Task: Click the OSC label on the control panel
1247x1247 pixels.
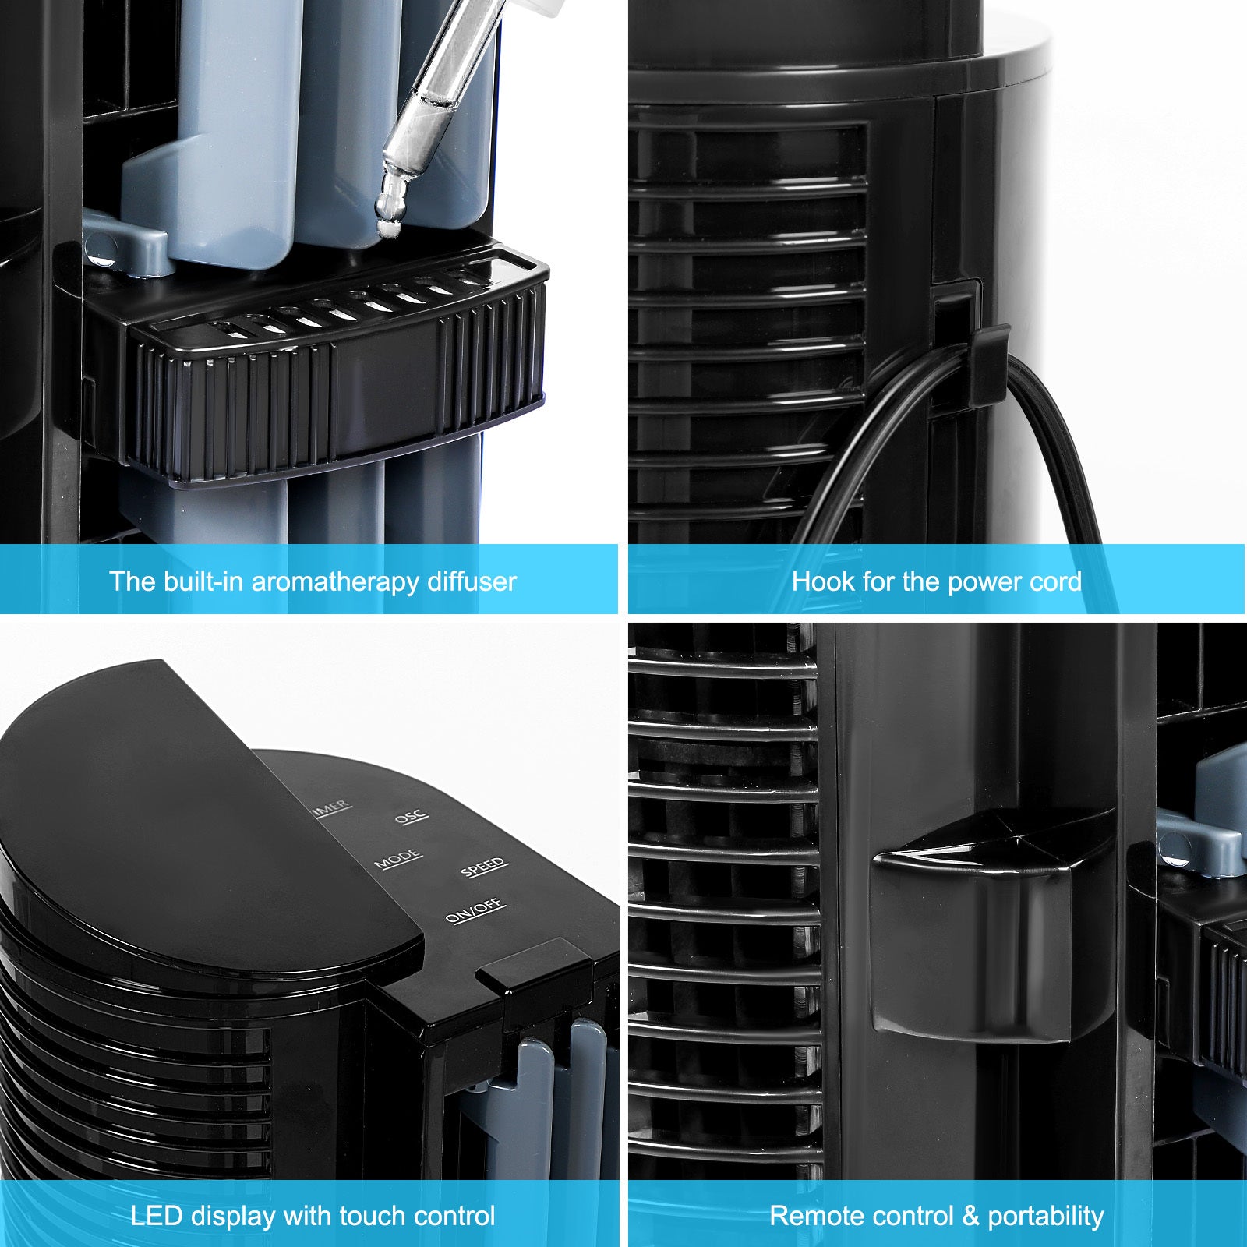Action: (x=411, y=816)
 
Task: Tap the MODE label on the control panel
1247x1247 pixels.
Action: (x=398, y=859)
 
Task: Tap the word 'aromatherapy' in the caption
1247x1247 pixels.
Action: (x=336, y=581)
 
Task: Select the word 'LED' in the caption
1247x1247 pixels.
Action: (x=157, y=1216)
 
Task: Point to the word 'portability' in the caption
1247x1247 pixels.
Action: (x=1046, y=1217)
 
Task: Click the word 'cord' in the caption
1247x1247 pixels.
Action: (x=1053, y=581)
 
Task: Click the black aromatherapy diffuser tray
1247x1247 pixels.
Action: (x=335, y=366)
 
